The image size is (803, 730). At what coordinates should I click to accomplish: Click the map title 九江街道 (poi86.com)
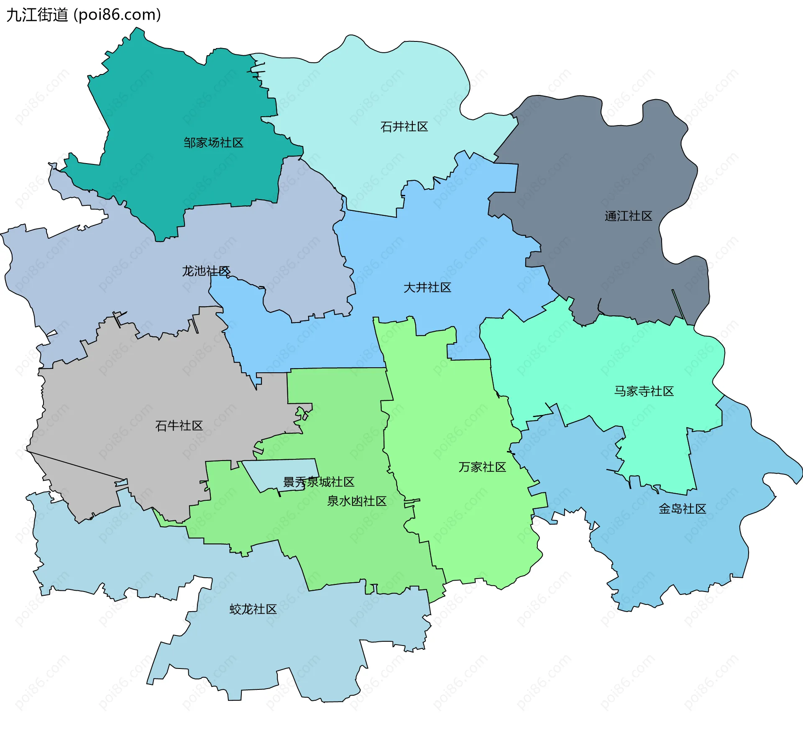84,15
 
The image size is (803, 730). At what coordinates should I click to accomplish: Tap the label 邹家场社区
213,143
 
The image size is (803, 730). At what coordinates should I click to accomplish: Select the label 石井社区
404,127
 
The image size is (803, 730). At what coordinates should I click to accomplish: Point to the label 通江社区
628,216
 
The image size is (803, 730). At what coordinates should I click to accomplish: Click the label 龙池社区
206,271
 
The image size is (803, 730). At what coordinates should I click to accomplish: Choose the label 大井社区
427,287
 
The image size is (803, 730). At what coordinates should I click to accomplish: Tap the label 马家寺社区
644,391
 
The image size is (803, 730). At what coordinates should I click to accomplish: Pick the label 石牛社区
179,425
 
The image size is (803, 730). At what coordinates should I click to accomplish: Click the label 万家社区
482,467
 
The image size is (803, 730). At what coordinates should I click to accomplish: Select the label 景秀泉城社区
319,482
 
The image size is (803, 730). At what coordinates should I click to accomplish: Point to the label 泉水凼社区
356,501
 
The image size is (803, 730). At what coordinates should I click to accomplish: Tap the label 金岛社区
682,509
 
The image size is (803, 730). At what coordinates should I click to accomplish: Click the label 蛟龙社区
253,609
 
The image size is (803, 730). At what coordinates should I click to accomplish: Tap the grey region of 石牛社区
125,397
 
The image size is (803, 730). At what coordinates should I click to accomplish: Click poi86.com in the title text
117,15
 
